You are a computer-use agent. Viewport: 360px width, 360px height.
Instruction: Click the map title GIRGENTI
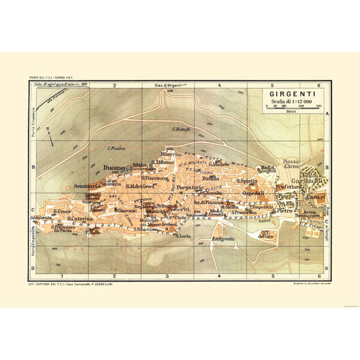tap(290, 95)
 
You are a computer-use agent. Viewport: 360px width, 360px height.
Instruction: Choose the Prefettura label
tap(286, 190)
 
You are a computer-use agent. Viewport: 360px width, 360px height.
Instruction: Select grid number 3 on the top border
tap(166, 86)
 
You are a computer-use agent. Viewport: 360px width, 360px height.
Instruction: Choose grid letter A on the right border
tap(327, 115)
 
